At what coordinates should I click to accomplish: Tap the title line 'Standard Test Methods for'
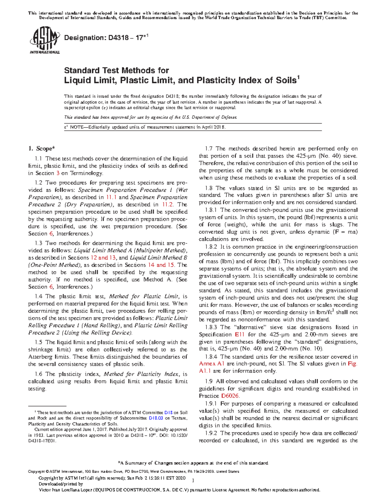tap(116, 70)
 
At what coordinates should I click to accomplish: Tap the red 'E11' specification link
tap(240, 335)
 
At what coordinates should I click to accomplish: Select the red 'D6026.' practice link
tap(230, 396)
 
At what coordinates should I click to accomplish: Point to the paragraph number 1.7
tap(209, 149)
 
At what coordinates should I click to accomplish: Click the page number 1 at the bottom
tap(193, 481)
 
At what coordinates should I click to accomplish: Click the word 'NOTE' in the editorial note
tap(77, 127)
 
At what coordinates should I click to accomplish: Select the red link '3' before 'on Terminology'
tap(58, 173)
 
